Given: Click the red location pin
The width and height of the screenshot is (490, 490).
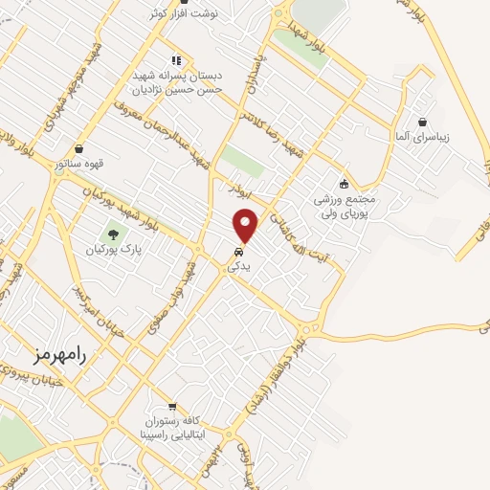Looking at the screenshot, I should coord(247,225).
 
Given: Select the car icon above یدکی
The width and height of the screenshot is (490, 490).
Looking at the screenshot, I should coord(235,254).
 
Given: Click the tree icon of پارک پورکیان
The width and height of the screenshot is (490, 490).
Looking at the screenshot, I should coord(114,233).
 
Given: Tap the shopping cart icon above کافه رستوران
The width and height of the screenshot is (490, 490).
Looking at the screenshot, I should coord(172,406).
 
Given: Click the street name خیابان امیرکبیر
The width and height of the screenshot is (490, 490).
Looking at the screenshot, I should coord(97,305).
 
